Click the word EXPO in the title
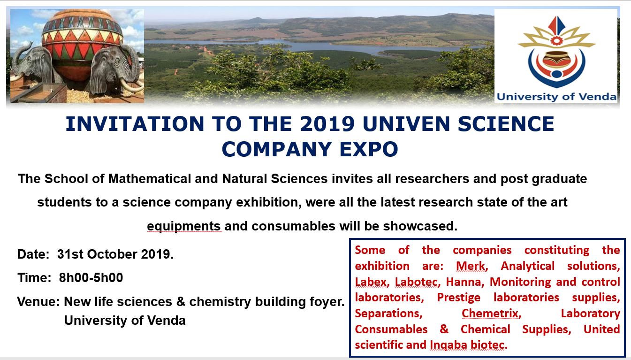tap(369, 149)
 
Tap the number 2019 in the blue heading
tap(327, 124)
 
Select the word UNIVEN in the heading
tap(406, 124)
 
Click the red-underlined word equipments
tap(183, 226)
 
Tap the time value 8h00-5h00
tap(91, 278)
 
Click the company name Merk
tap(471, 266)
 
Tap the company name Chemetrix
tap(491, 313)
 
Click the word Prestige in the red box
tap(459, 298)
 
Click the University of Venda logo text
tap(556, 97)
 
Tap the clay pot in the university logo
tap(556, 59)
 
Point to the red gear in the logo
tap(556, 40)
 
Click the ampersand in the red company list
tap(444, 329)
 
